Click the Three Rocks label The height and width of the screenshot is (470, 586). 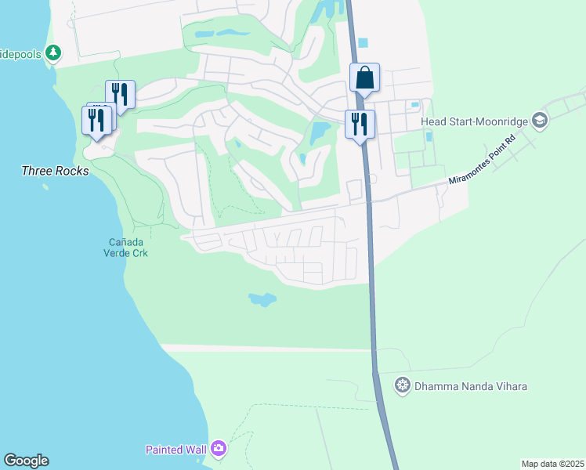tap(55, 171)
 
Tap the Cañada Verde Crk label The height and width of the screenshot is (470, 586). tap(125, 248)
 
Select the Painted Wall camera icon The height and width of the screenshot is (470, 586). tap(218, 449)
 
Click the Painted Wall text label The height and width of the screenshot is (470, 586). tap(176, 450)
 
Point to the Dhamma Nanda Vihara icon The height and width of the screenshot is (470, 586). tap(403, 385)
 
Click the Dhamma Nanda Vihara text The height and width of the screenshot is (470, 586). tap(471, 386)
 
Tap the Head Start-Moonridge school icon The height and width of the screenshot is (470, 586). tap(539, 121)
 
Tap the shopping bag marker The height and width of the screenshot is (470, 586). tap(364, 78)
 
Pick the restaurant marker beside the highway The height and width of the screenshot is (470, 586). tap(360, 124)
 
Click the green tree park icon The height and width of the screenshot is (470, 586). tap(52, 53)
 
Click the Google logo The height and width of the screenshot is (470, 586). tap(26, 461)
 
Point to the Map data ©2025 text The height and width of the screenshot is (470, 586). tap(552, 464)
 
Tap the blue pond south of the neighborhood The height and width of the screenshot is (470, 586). tap(262, 299)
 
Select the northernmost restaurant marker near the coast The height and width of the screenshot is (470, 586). tap(120, 94)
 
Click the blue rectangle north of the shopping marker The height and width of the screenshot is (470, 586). tap(362, 43)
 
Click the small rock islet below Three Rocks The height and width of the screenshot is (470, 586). tap(45, 187)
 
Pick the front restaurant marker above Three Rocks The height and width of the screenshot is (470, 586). tap(96, 120)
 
